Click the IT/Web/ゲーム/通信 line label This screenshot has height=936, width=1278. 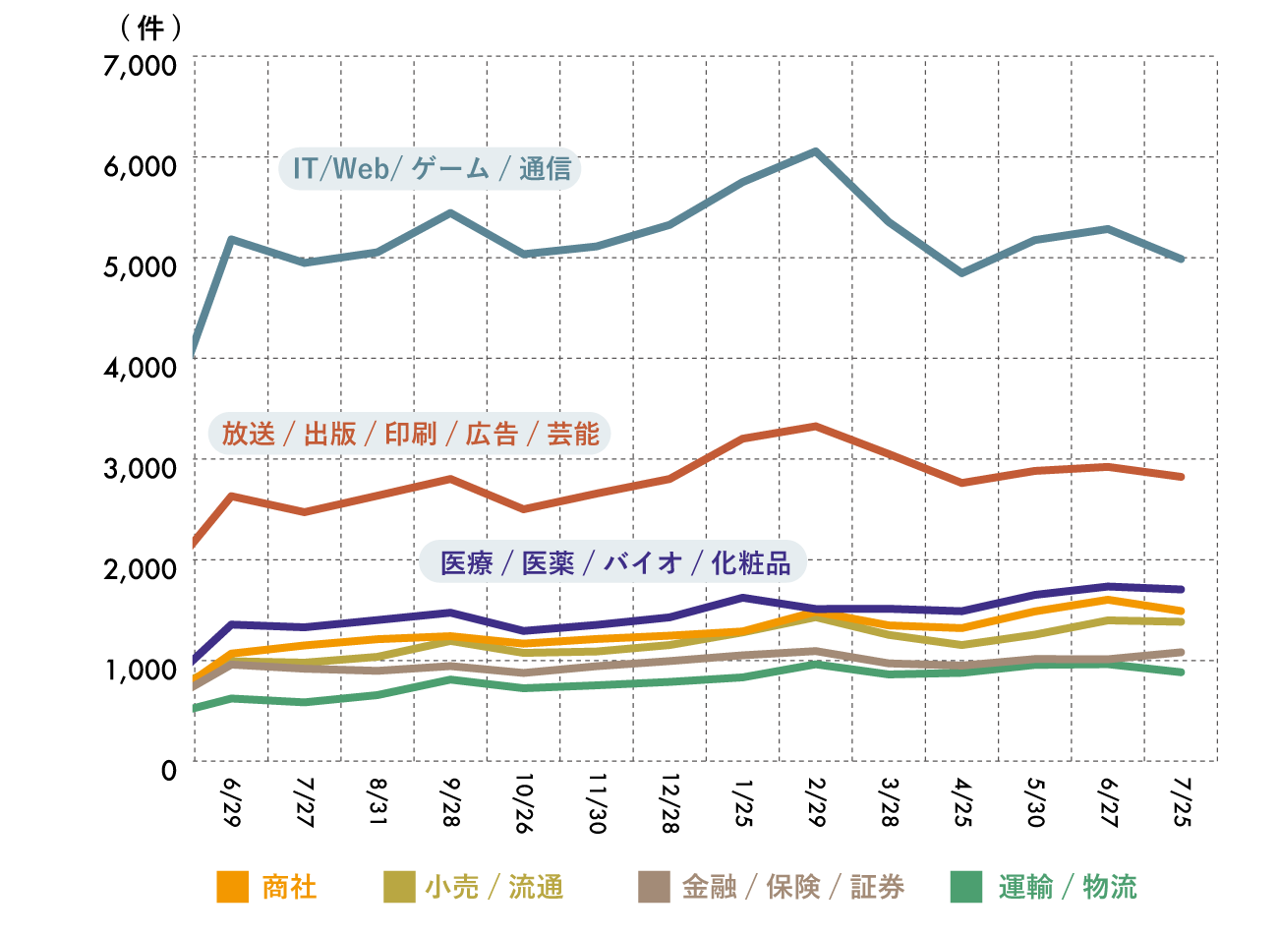click(x=431, y=169)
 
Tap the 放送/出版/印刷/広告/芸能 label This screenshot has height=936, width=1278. click(x=409, y=434)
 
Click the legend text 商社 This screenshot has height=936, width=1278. click(x=289, y=887)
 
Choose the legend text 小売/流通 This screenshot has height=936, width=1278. click(x=494, y=887)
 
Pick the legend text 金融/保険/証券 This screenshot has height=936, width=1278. click(x=792, y=887)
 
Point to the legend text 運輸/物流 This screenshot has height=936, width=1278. click(x=1068, y=887)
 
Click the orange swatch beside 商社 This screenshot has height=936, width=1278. click(x=232, y=887)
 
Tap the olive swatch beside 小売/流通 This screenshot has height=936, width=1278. click(x=399, y=887)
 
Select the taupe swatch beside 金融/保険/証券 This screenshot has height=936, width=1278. click(x=654, y=887)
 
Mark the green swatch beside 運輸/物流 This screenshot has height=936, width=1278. click(x=966, y=887)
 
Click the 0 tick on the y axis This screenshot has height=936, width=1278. click(x=169, y=771)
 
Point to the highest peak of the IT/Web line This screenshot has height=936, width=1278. click(x=815, y=151)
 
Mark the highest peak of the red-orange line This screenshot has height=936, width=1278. click(x=815, y=426)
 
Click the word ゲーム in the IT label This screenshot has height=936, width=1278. click(x=450, y=169)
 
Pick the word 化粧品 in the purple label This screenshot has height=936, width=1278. click(x=751, y=562)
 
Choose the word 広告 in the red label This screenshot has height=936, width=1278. click(x=492, y=434)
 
